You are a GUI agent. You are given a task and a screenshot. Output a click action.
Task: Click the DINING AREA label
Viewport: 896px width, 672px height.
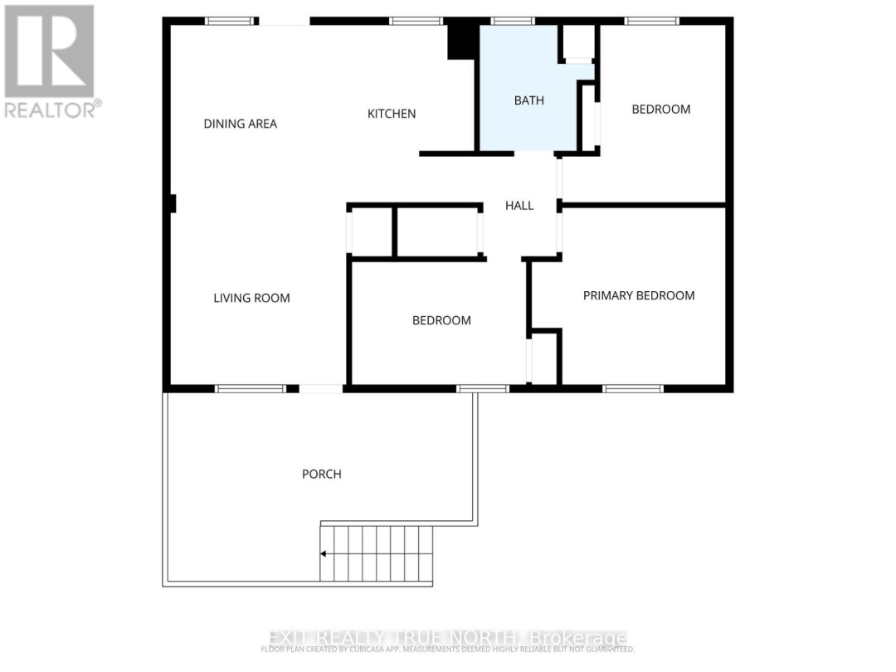(241, 124)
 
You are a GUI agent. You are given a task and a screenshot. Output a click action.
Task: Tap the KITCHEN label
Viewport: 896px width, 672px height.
(392, 114)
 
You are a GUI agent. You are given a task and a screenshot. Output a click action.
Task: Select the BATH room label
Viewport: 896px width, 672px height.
(529, 100)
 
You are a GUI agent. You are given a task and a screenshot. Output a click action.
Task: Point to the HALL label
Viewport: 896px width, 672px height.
(519, 205)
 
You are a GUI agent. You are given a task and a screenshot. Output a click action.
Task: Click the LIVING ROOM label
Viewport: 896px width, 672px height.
(251, 298)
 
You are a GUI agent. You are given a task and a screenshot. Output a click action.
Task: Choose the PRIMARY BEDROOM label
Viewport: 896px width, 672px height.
(639, 295)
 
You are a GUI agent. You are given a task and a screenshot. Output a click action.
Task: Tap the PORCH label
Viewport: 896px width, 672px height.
(321, 474)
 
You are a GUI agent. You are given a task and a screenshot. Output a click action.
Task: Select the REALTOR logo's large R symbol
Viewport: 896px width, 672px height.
(49, 51)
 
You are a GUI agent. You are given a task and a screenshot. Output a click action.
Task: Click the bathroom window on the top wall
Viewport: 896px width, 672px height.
(512, 21)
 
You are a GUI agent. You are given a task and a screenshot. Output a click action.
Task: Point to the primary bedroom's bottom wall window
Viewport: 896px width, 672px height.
(633, 387)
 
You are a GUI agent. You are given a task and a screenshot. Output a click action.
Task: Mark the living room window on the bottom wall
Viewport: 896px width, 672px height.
(250, 387)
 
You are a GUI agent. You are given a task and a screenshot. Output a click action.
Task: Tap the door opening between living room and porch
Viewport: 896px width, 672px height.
(321, 387)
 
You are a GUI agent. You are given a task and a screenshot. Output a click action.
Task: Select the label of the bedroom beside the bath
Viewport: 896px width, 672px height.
(661, 109)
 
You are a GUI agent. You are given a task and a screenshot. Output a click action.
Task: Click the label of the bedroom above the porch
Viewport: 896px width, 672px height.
(441, 320)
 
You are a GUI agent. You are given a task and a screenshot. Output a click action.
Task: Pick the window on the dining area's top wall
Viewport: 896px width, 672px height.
(230, 21)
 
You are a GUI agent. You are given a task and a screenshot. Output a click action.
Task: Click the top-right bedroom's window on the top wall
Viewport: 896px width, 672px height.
(652, 21)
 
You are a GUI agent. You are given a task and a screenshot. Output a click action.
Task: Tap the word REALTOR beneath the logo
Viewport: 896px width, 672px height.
(49, 109)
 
